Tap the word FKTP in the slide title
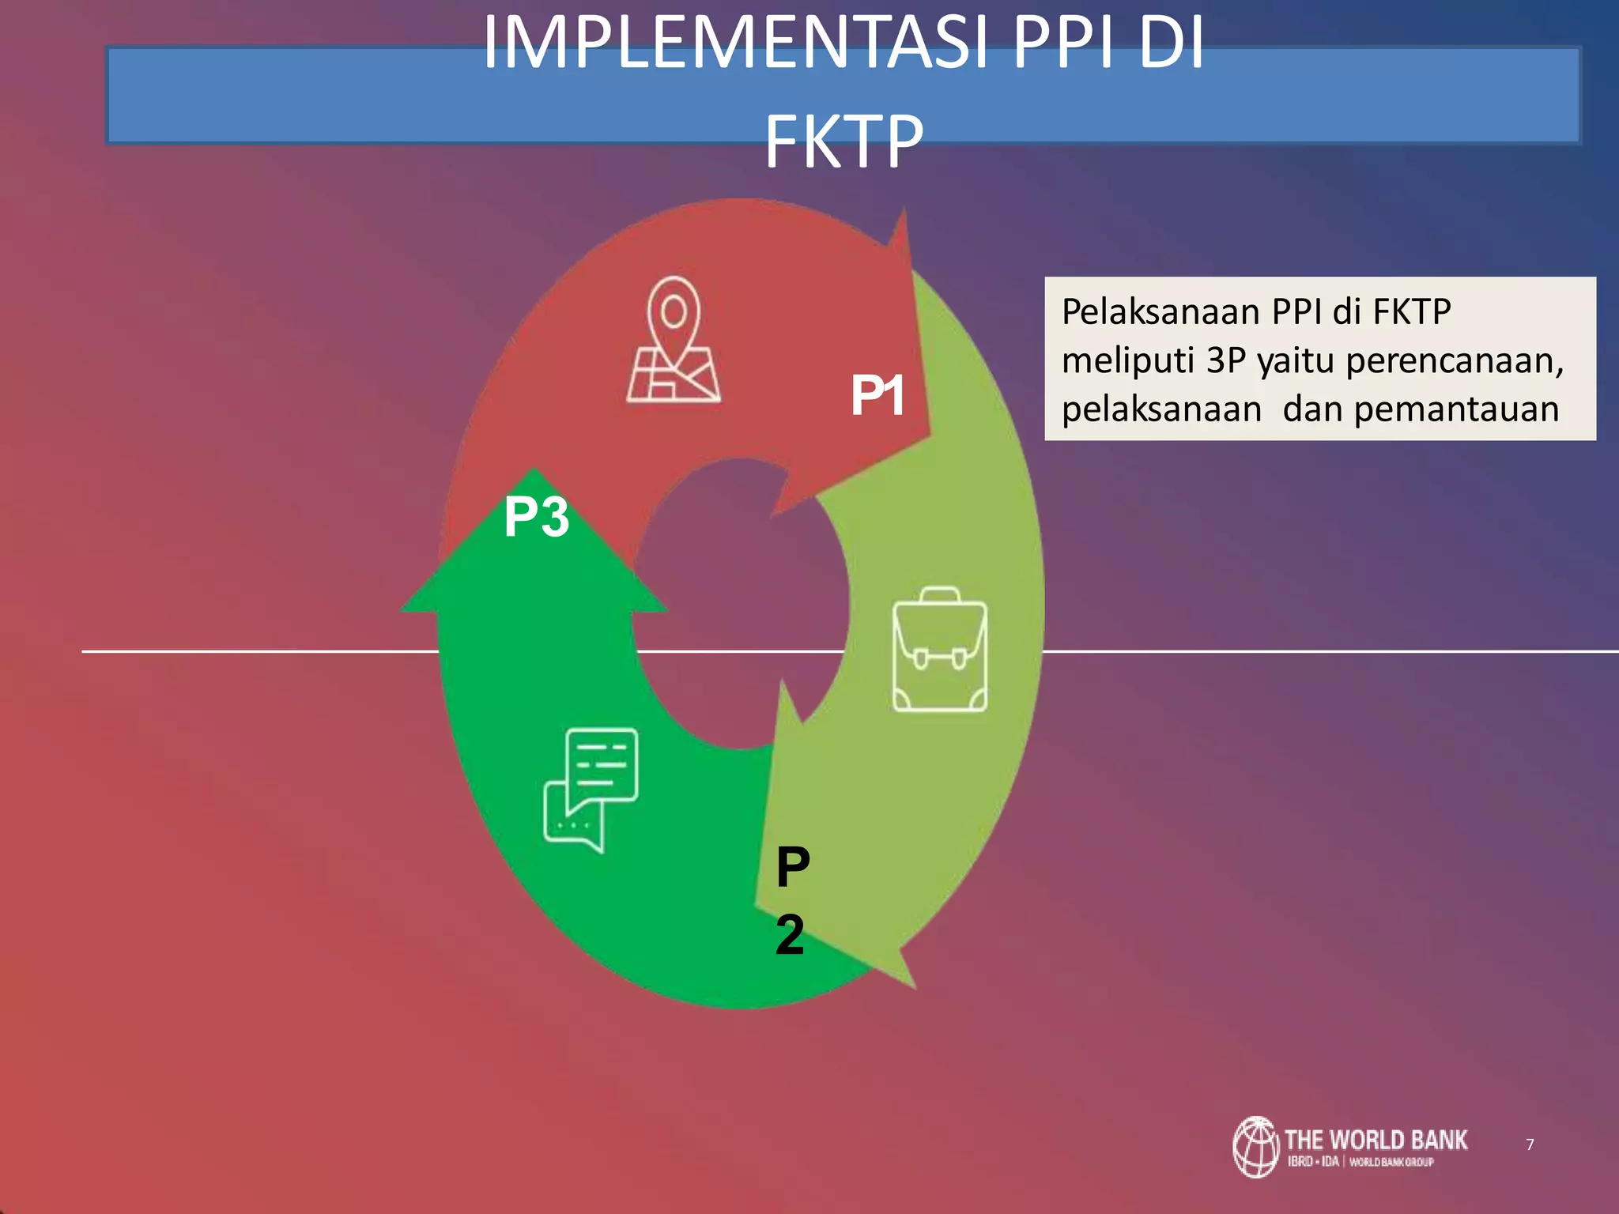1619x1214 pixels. (843, 142)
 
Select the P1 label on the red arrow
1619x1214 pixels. (877, 395)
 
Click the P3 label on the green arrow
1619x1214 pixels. (537, 517)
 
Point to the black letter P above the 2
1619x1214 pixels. (793, 867)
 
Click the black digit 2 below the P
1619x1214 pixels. (790, 934)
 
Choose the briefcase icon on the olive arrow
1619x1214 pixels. (939, 650)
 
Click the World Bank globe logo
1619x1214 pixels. (1255, 1147)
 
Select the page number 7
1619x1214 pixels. (1530, 1144)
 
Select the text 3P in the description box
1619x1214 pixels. (1226, 361)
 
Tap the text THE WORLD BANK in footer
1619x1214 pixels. (1376, 1140)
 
